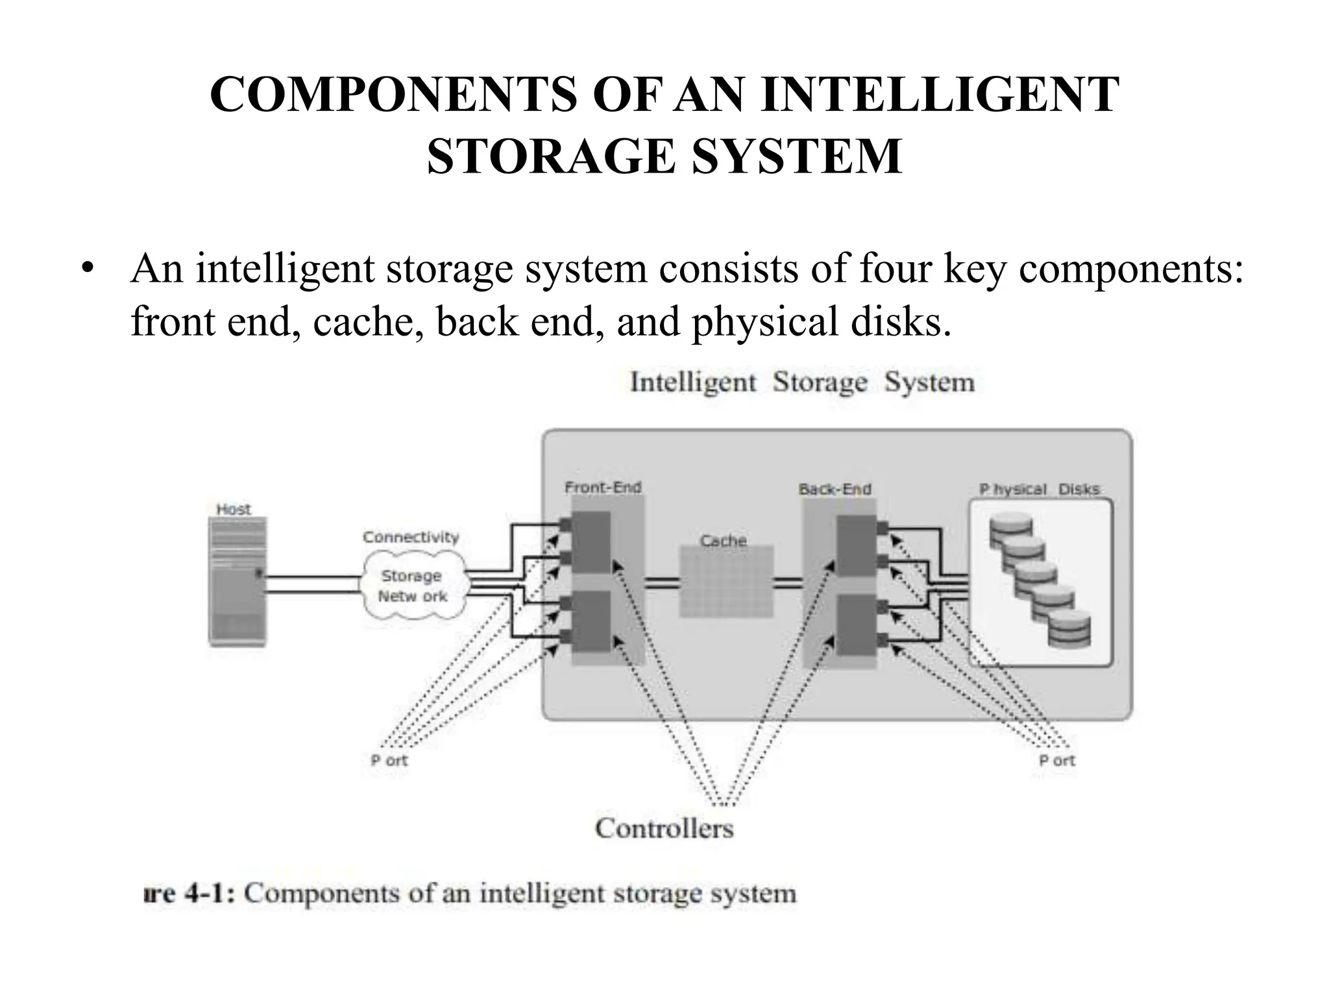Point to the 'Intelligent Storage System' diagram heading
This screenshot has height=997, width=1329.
coord(802,382)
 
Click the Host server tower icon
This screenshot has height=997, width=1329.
coord(238,582)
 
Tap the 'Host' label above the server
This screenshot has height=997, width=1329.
coord(233,510)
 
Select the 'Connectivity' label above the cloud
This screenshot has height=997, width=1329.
coord(411,537)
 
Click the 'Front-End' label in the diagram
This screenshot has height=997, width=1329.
coord(603,487)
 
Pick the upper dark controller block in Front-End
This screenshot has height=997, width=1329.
coord(591,542)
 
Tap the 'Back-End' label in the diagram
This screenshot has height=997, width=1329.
coord(835,489)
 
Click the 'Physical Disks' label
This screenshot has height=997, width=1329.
coord(1040,489)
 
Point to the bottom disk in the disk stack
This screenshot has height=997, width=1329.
coord(1069,629)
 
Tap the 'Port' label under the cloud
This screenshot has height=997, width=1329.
coord(389,760)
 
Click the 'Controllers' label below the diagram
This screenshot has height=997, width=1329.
coord(664,828)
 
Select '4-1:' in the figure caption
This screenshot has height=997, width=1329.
coord(211,894)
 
